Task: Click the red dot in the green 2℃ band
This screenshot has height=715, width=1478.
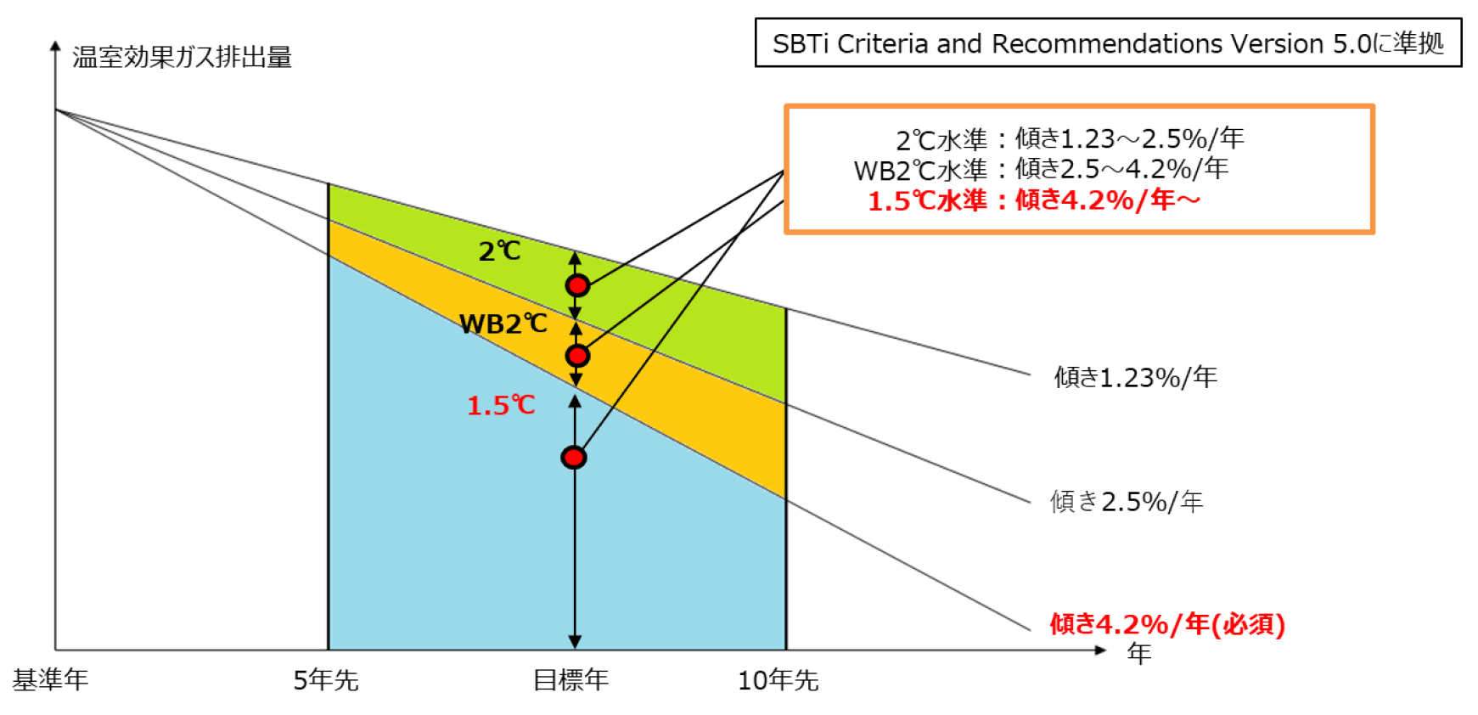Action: [577, 285]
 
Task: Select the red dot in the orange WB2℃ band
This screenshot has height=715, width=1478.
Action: [577, 355]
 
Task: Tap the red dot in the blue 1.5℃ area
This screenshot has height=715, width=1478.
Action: [574, 458]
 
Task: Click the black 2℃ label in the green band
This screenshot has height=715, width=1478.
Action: [499, 251]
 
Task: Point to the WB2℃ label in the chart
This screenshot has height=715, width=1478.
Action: [503, 324]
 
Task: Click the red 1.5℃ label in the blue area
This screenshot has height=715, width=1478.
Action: [501, 405]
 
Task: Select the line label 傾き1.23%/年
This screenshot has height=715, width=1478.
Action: [1136, 377]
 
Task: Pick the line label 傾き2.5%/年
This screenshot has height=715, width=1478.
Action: [1127, 502]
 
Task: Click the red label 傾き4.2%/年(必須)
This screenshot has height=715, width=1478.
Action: [1167, 624]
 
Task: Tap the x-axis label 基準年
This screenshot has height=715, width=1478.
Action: [50, 679]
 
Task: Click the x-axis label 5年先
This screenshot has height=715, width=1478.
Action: [326, 679]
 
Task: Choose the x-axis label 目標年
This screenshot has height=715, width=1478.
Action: [570, 679]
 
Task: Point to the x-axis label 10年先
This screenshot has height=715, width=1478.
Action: [778, 679]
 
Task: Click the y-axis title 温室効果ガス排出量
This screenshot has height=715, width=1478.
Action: [182, 57]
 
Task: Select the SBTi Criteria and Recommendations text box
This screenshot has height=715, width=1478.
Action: [1108, 42]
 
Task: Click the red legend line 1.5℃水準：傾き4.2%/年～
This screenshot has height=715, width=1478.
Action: [1034, 200]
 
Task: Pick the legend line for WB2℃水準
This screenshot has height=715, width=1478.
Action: [1041, 169]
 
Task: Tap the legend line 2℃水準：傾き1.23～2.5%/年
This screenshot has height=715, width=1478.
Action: [1070, 138]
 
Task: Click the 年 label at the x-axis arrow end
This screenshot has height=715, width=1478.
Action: [1139, 653]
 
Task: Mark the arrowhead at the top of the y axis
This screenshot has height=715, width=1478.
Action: [55, 46]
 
